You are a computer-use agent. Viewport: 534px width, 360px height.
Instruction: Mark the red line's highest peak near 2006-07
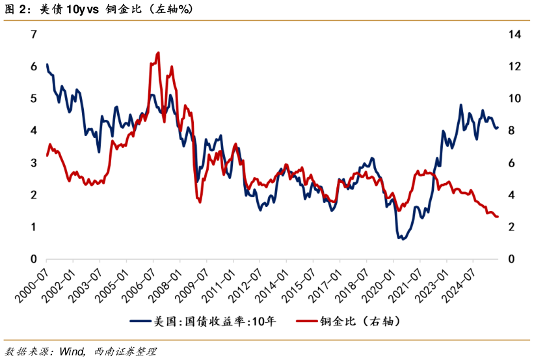tap(158, 53)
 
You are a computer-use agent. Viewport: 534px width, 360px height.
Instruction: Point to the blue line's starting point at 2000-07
tap(47, 64)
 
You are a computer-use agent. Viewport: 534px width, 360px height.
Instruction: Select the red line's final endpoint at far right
tap(498, 217)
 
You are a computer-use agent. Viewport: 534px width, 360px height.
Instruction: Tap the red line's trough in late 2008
tap(200, 202)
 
